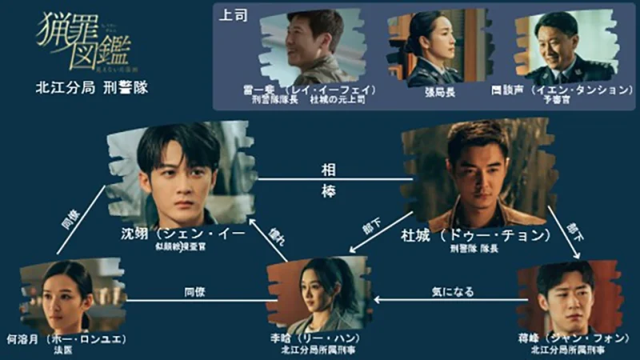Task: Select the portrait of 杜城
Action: coord(478,174)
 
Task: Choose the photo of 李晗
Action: coord(318,294)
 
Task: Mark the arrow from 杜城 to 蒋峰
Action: coord(565,231)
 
